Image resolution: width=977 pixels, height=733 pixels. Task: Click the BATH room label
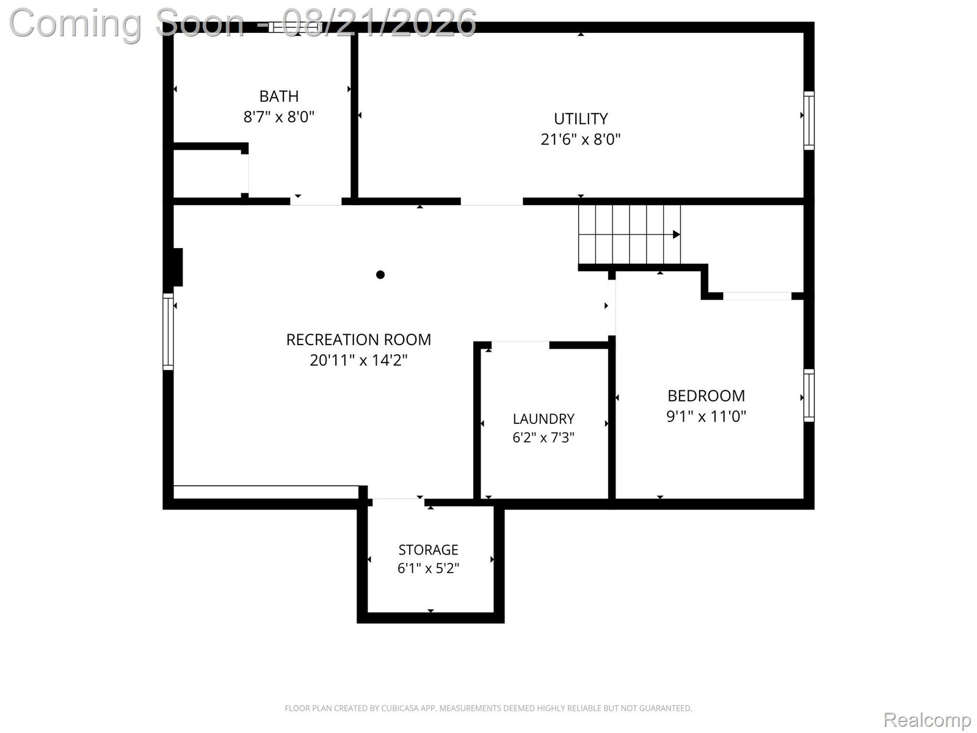pos(278,96)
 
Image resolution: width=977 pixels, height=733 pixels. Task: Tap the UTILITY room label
pos(581,119)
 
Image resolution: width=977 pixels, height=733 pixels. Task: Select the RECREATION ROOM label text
pos(358,340)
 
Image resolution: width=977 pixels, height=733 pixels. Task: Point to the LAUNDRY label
pos(543,419)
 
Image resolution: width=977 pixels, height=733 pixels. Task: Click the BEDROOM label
pos(706,396)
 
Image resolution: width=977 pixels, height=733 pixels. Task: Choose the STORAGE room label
pos(428,550)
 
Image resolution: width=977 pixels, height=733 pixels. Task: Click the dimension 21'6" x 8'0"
pos(581,139)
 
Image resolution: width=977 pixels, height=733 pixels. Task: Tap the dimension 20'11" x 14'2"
pos(358,360)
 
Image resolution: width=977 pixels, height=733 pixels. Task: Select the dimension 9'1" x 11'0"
pos(706,416)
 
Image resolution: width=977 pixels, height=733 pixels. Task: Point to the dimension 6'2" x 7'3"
pos(543,437)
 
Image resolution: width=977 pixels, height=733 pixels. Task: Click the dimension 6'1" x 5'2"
pos(428,568)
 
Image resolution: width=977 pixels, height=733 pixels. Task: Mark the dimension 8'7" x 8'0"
pos(278,117)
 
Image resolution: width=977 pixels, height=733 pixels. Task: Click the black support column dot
pos(380,275)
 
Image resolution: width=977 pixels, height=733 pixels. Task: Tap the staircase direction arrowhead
pos(676,234)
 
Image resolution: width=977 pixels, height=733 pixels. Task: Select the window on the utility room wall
pos(808,120)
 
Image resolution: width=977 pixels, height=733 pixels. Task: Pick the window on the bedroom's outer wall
pos(808,395)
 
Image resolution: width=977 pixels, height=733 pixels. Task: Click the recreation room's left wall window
pos(168,332)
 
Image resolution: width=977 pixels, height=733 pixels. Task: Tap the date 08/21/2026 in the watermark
pos(379,23)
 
